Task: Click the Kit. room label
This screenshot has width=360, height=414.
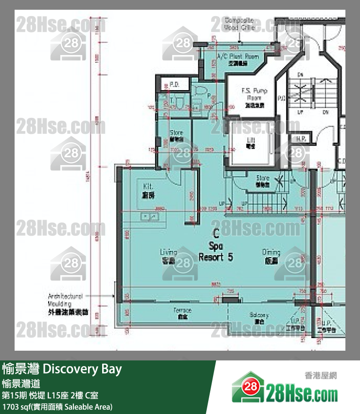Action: pos(148,190)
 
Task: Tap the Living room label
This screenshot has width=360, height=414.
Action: pos(168,256)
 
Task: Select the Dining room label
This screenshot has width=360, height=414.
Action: pos(271,256)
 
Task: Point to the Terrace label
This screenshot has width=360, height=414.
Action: pos(182,313)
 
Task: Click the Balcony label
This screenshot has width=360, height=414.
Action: pos(259,318)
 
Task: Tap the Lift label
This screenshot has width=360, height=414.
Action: pos(252,142)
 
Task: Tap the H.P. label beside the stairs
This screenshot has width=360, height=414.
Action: pos(301,138)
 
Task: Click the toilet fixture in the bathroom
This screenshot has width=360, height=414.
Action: pos(199,91)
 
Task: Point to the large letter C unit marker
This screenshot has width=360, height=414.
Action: pos(215,234)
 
